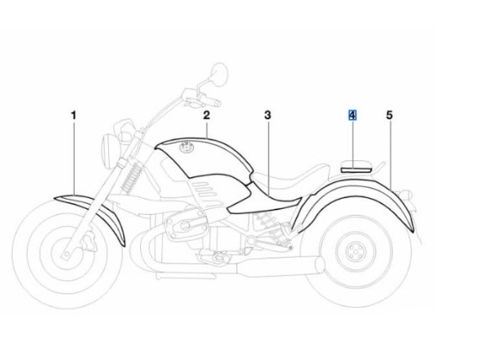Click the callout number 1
tap(74, 116)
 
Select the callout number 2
tap(206, 115)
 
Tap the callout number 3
tap(268, 115)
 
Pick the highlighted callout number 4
tap(352, 115)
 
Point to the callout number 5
tap(389, 115)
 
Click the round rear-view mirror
tap(220, 73)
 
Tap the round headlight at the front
tap(107, 149)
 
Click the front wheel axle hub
tap(66, 253)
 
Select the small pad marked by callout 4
tap(356, 166)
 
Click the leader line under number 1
tap(74, 158)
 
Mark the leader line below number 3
tap(268, 158)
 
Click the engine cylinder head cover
tap(185, 225)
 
